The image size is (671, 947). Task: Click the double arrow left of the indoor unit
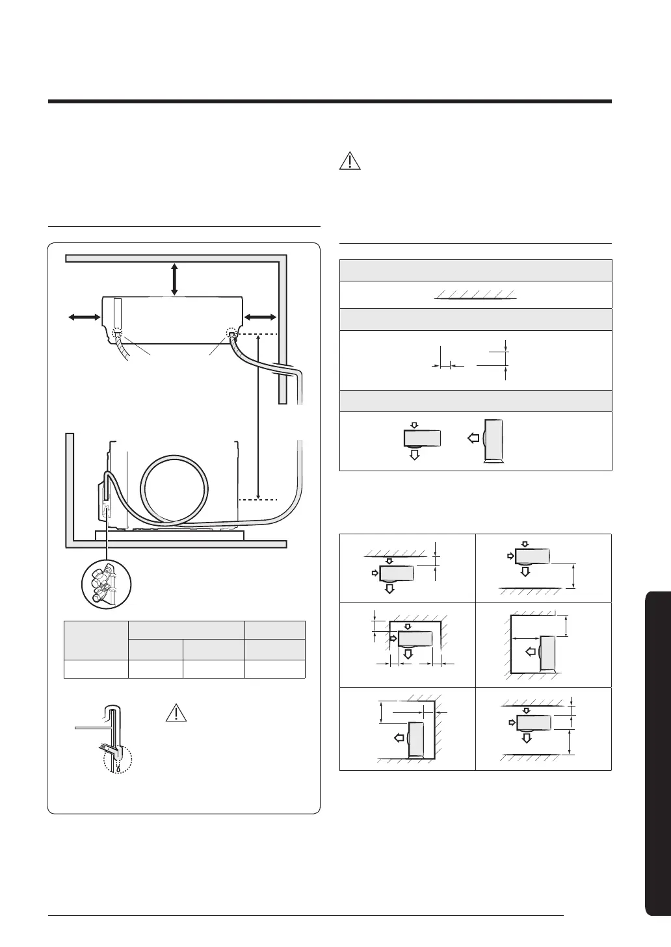point(84,317)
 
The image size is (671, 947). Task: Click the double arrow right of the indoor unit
point(259,317)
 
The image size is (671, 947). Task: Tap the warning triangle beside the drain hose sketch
point(175,714)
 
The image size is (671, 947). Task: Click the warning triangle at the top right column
point(350,161)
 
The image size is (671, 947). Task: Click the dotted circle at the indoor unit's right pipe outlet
point(231,335)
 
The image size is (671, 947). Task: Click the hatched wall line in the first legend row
point(475,296)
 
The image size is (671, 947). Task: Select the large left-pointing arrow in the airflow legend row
point(473,438)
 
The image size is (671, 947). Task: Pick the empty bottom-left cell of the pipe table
point(96,669)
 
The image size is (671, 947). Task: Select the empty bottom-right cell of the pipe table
point(274,669)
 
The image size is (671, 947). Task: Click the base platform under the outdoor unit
point(169,535)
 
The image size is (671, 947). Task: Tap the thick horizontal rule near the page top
point(330,101)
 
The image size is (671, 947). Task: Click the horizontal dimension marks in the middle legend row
point(447,365)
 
